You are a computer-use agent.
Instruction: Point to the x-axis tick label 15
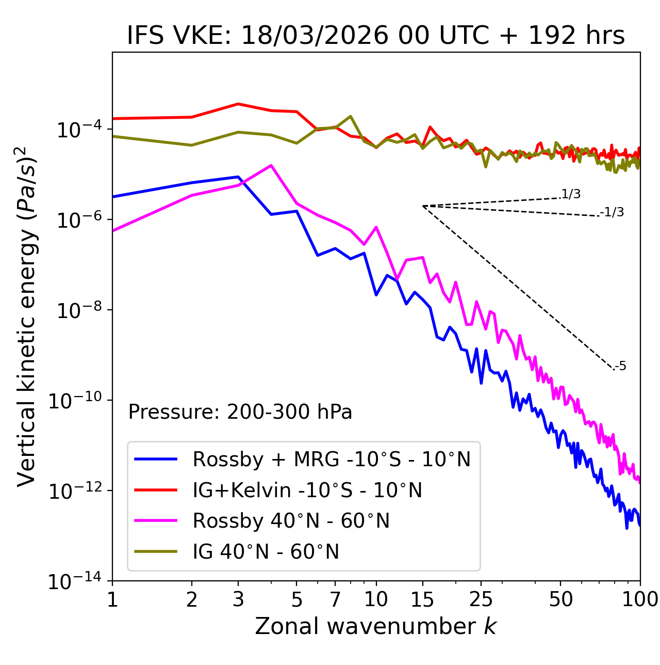tap(422, 599)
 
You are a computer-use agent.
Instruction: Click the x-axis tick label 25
tap(481, 599)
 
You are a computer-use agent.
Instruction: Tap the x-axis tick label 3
tap(238, 599)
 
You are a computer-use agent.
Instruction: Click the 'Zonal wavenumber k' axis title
tap(375, 626)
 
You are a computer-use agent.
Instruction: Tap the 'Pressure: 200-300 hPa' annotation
tap(240, 412)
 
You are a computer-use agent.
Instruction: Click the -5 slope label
tap(620, 367)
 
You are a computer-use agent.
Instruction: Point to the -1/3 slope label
tap(613, 212)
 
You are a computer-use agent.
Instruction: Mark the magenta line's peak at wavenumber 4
tap(271, 165)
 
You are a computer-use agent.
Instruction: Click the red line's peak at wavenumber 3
tap(238, 104)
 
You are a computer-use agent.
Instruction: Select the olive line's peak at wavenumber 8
tap(351, 116)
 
